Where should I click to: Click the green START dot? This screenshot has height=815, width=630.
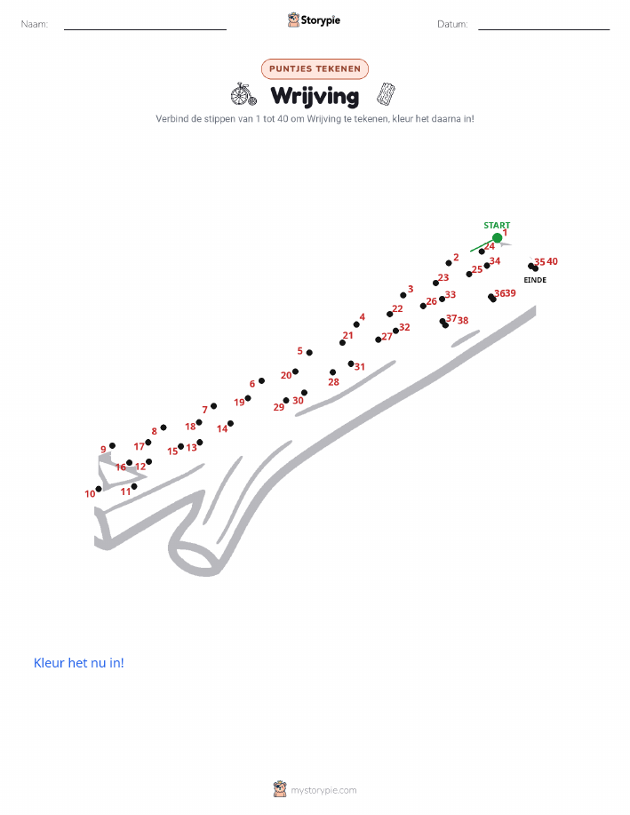[497, 238]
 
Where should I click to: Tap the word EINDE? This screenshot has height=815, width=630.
[535, 280]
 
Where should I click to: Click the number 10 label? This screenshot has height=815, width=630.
[90, 493]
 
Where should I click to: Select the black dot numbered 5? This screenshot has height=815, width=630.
[309, 353]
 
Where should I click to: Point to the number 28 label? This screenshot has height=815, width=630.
[333, 382]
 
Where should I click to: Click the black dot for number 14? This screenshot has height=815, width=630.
[230, 424]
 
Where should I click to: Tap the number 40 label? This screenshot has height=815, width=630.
[552, 261]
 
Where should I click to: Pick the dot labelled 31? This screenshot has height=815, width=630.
[351, 364]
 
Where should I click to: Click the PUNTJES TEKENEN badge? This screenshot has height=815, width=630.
[315, 68]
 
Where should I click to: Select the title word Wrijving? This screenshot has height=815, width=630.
[315, 96]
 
